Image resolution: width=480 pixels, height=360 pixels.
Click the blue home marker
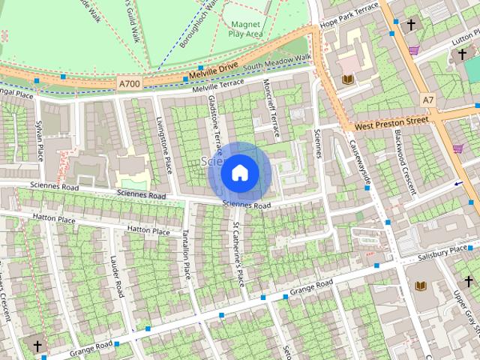pos(239,173)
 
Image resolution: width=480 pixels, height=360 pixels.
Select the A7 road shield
pos(427,100)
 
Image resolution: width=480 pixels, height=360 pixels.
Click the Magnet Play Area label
pos(245,29)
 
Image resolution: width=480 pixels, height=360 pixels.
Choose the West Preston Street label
pos(391,122)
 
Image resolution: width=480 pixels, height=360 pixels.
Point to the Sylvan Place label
pos(39,139)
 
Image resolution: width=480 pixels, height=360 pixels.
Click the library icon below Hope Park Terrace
pos(346,79)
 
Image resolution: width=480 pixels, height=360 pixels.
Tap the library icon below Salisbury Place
pos(420,286)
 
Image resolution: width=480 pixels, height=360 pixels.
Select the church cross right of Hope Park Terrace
pos(411,25)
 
